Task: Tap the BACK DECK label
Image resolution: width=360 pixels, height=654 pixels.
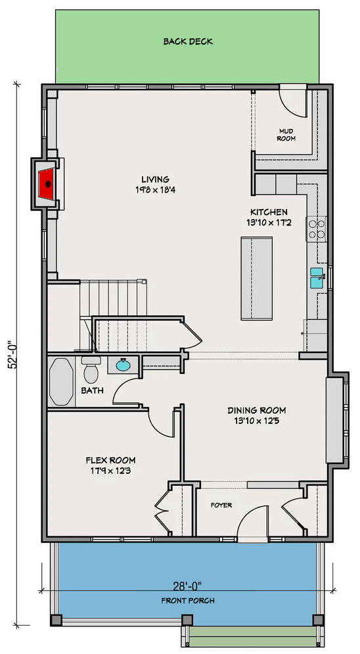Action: click(x=188, y=42)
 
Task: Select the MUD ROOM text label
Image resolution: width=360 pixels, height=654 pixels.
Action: click(x=286, y=135)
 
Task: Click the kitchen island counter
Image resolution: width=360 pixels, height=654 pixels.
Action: click(x=257, y=277)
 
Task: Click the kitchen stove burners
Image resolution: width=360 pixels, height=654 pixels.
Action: click(x=318, y=227)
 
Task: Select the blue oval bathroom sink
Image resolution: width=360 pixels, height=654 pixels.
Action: click(x=123, y=365)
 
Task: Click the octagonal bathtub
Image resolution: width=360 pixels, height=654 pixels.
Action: click(x=62, y=381)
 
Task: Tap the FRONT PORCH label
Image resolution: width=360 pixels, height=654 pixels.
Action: click(x=188, y=601)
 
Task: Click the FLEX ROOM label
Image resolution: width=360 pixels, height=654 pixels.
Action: click(x=110, y=460)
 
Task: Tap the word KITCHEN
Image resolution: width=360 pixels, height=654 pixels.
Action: click(x=268, y=212)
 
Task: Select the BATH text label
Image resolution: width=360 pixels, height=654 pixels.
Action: click(x=92, y=390)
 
